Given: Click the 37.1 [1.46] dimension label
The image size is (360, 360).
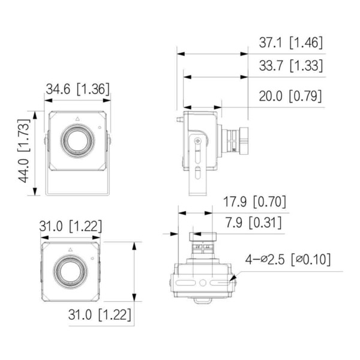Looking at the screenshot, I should pyautogui.click(x=290, y=43).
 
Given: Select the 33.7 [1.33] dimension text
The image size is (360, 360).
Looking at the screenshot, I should pyautogui.click(x=290, y=66).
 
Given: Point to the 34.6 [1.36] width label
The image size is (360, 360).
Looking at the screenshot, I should pyautogui.click(x=78, y=89).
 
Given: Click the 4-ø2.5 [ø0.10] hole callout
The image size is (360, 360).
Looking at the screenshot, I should pyautogui.click(x=288, y=260).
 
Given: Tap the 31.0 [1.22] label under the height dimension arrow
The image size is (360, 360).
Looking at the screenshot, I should pyautogui.click(x=100, y=314).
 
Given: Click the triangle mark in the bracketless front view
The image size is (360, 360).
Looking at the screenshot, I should pyautogui.click(x=71, y=248).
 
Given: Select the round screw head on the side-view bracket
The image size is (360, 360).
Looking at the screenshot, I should pyautogui.click(x=199, y=141).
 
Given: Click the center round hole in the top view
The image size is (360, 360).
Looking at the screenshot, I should pyautogui.click(x=203, y=283).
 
